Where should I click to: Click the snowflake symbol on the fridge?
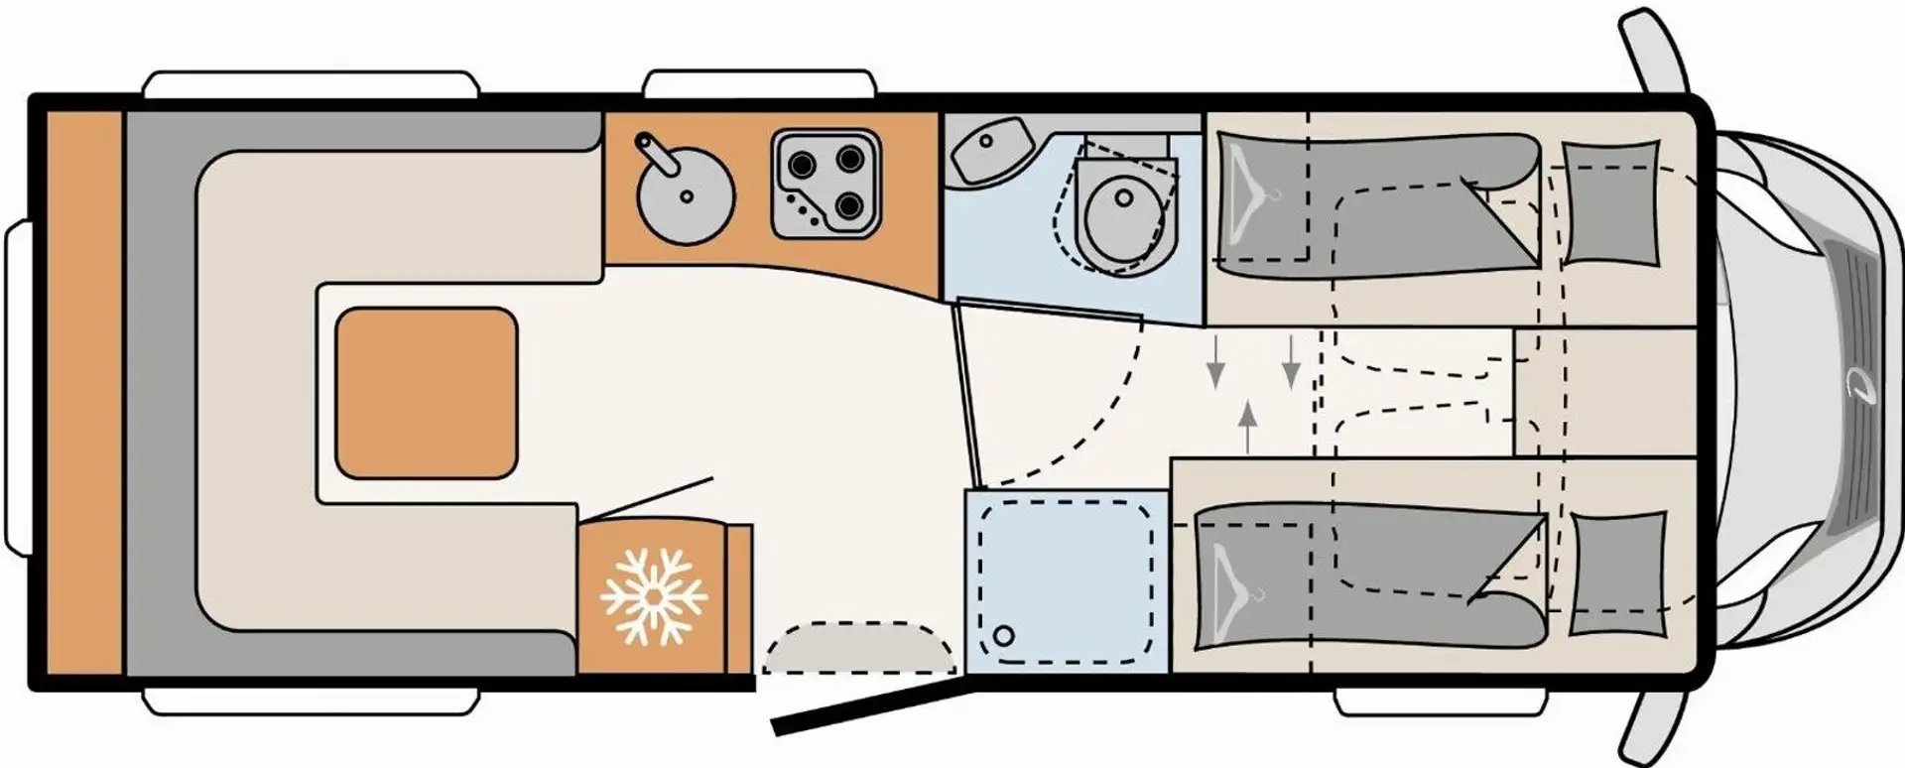[654, 595]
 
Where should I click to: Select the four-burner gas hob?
[825, 185]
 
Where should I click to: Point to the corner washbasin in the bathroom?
[988, 149]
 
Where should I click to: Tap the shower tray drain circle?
[1004, 635]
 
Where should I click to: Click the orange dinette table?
[427, 392]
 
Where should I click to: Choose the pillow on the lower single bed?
[1617, 574]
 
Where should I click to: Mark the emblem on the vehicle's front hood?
[1856, 383]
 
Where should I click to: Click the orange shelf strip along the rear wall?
[84, 392]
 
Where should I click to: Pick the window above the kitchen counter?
[759, 83]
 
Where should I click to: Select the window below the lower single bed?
[1440, 703]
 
